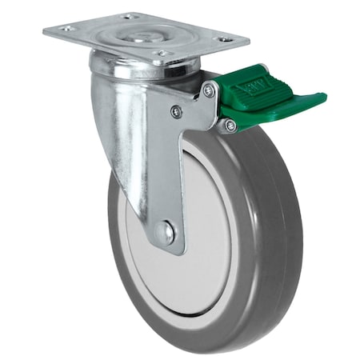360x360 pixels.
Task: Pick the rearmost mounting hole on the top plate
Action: (128, 15)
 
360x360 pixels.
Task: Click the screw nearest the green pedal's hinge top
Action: (209, 91)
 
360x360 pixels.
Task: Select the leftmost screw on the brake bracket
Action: (175, 112)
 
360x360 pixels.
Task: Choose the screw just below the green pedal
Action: (230, 125)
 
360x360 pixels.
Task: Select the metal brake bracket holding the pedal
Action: (198, 108)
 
